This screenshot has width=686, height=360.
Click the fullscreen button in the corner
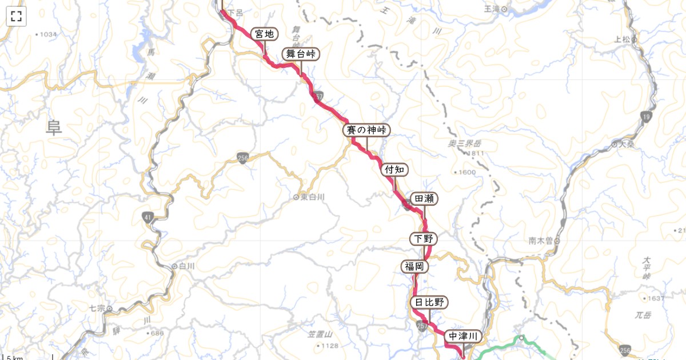16,16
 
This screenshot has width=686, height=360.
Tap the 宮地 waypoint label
264,34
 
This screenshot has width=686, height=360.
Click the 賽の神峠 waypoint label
366,130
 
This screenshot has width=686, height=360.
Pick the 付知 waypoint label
394,169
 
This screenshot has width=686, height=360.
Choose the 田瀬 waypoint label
424,199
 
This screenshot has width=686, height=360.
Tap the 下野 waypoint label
424,238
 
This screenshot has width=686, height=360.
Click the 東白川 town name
312,197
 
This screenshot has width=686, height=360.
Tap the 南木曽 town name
540,241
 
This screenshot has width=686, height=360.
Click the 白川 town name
187,266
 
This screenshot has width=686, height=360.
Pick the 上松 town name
622,39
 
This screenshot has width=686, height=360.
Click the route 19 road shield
647,117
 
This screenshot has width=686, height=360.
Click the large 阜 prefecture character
54,127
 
